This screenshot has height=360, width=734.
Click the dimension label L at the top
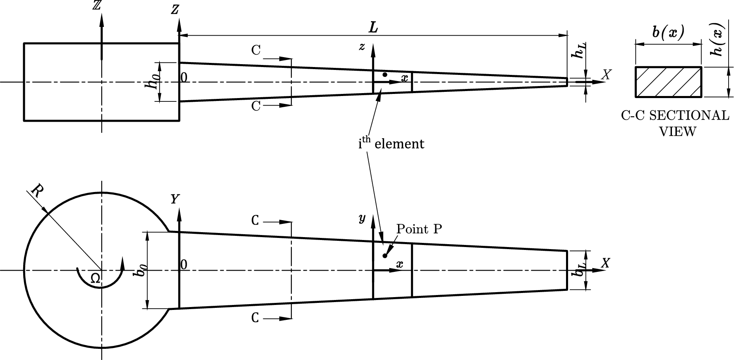tap(374, 28)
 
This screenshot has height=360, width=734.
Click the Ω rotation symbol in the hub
tap(95, 279)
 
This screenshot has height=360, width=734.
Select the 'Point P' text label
tap(419, 229)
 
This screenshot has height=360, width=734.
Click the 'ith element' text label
tap(391, 143)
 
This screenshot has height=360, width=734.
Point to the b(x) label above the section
tap(668, 33)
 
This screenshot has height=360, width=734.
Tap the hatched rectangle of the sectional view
tap(669, 82)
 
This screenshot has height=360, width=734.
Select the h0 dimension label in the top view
tap(153, 82)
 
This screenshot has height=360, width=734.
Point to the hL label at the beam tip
tap(579, 49)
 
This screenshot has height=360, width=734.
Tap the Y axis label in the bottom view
tap(175, 199)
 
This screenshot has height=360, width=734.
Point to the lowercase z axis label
tap(362, 47)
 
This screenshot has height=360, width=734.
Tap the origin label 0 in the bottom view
tap(185, 264)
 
